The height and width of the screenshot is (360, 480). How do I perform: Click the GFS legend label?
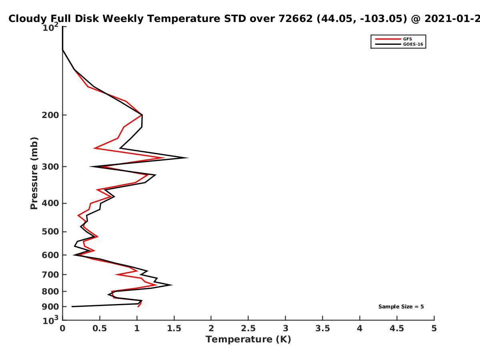coord(407,39)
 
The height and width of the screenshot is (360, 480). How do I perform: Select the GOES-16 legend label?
coord(413,44)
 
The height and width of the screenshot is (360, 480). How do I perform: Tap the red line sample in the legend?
coord(388,39)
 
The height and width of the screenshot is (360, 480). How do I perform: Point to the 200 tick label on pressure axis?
coord(50,115)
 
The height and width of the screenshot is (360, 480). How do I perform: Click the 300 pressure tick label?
coord(50,167)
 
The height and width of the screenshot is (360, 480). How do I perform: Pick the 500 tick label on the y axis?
coord(50,232)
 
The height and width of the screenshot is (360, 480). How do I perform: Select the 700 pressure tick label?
coord(50,275)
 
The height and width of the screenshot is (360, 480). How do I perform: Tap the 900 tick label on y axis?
coord(50,307)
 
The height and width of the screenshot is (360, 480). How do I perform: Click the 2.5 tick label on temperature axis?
coord(248,328)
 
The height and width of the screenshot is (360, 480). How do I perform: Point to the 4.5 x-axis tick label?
coord(397,328)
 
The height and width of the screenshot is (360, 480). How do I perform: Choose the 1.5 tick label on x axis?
coord(174,328)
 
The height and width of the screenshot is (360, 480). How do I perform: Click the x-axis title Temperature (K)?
coord(248,340)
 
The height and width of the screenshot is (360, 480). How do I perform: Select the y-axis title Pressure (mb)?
coord(34,173)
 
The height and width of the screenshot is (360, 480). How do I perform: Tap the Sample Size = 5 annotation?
coord(401,307)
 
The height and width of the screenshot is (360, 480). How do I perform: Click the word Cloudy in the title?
coord(27,19)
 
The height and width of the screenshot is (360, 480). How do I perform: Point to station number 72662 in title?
coord(296,18)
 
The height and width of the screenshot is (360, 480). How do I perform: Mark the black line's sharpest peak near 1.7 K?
coord(188,158)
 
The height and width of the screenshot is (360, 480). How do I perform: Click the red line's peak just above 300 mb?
coord(164,158)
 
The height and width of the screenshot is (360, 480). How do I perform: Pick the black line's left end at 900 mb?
coord(72,307)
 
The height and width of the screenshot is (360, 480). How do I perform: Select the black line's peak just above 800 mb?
coord(172,285)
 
